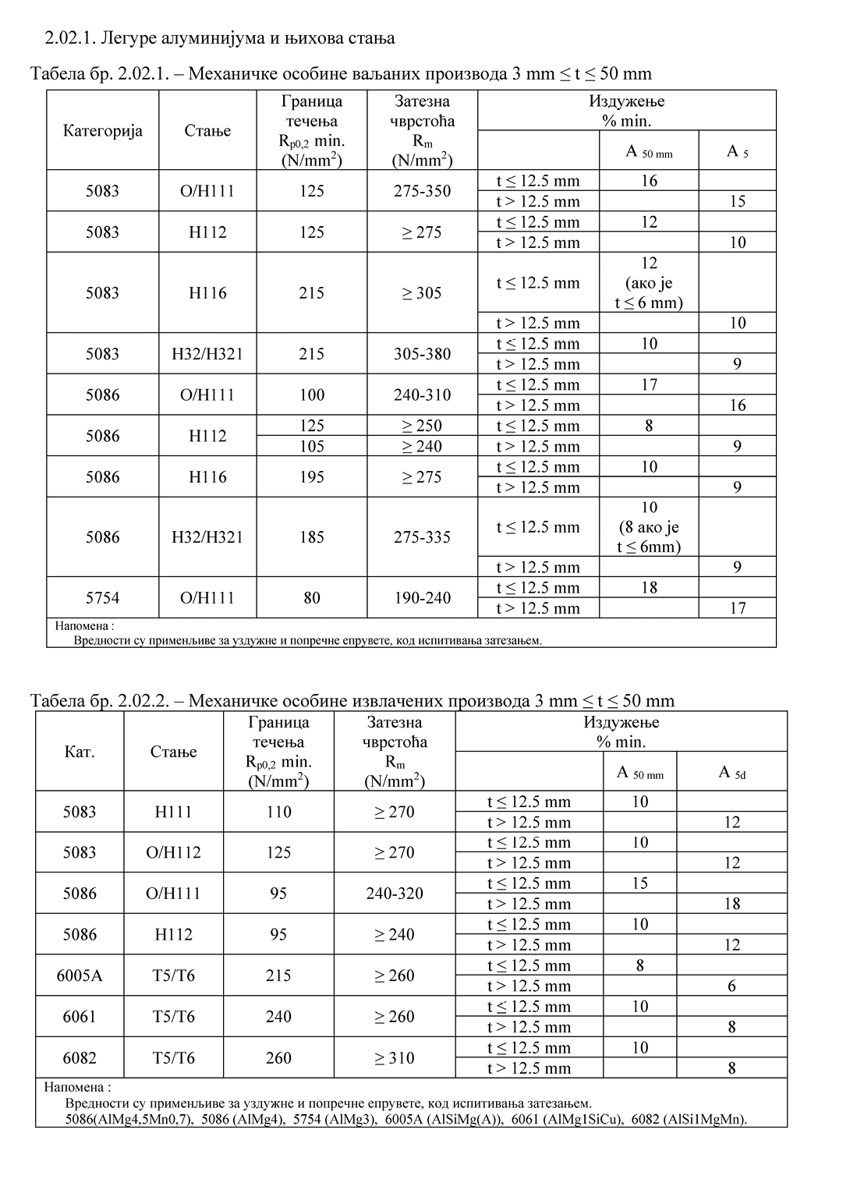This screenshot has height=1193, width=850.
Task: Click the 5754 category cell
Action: (x=102, y=598)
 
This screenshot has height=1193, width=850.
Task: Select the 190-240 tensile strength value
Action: (x=422, y=598)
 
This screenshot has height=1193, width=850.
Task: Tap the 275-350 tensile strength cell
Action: (x=422, y=191)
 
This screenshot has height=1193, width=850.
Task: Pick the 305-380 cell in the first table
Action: (x=422, y=354)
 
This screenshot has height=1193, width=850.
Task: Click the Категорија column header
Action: (x=102, y=130)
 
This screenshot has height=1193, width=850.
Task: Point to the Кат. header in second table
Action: (x=80, y=752)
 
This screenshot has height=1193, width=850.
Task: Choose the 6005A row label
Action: (x=80, y=975)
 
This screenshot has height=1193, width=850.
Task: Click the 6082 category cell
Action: (x=80, y=1058)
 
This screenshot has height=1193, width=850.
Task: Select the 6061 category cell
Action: (x=80, y=1017)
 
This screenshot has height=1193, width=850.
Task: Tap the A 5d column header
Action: (x=731, y=773)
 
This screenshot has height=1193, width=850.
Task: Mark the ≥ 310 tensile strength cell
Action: (x=395, y=1058)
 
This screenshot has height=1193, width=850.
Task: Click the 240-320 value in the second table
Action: (x=395, y=894)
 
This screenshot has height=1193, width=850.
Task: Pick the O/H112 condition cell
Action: (x=173, y=852)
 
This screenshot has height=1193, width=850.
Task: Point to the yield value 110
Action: (x=278, y=812)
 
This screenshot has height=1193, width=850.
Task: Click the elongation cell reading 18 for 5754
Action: (x=649, y=588)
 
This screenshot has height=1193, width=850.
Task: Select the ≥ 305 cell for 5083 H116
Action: (x=422, y=293)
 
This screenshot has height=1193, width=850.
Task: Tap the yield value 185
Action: (x=311, y=537)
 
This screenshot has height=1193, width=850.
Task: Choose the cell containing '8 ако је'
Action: (x=649, y=527)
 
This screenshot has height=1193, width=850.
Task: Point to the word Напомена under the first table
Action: (x=83, y=625)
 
